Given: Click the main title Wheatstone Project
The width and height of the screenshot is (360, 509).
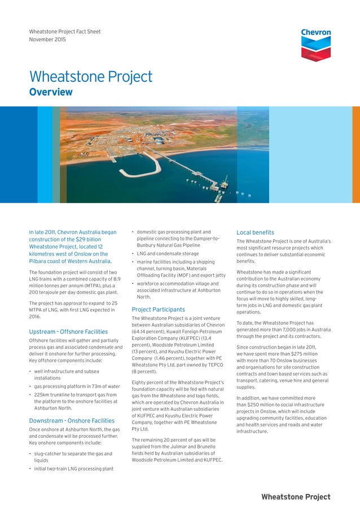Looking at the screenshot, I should click(91, 77).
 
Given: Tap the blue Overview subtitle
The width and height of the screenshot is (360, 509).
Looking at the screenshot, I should click(51, 92).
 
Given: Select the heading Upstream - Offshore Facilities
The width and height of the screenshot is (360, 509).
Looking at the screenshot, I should click(68, 332).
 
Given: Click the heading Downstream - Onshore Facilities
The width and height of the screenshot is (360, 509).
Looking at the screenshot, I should click(72, 420).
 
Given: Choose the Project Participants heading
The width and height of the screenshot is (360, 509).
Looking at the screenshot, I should click(158, 309).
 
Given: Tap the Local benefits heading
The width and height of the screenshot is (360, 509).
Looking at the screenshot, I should click(255, 232).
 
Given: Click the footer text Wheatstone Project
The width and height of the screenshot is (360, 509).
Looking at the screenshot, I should click(296, 497).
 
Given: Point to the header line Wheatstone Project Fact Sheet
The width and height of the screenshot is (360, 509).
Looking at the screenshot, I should click(65, 32).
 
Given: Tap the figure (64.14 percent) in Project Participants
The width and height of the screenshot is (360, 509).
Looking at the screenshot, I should click(148, 333).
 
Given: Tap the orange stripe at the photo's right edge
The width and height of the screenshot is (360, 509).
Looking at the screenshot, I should click(355, 155).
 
